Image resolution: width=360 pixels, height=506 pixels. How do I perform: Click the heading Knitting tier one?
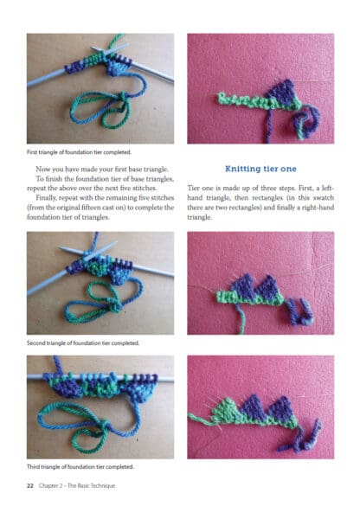click(260, 169)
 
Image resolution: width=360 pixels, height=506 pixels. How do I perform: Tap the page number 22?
click(30, 485)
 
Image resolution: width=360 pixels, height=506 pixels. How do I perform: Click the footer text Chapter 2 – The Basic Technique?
click(77, 485)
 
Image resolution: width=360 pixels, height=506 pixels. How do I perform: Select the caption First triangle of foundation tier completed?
click(79, 152)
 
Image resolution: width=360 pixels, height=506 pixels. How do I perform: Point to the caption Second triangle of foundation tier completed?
click(83, 343)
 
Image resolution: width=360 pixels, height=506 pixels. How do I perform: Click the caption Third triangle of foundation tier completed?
click(80, 466)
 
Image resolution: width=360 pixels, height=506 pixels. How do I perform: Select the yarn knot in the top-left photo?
click(122, 96)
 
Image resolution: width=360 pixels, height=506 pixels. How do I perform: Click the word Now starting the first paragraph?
click(42, 169)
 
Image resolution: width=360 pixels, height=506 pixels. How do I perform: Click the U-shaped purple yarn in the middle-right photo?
click(300, 313)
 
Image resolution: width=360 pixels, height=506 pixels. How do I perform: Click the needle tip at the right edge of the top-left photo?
click(172, 80)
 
